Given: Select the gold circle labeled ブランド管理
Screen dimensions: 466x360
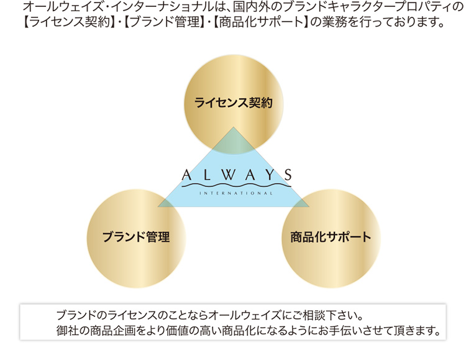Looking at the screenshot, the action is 136,239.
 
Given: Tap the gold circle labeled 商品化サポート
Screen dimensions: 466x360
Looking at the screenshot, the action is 331,239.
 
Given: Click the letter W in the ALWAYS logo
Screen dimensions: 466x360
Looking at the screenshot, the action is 229,175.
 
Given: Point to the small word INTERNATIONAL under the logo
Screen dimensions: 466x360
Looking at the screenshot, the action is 236,193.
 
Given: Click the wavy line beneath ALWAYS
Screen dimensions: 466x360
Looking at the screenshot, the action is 236,186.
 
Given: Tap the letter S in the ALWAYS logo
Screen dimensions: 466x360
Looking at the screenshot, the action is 288,175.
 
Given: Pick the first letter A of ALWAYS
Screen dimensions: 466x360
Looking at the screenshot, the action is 186,175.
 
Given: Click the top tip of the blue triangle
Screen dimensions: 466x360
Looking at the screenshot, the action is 234,127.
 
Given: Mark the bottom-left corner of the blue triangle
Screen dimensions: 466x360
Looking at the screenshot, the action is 158,206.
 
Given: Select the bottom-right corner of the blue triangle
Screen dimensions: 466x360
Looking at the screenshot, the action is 309,206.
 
